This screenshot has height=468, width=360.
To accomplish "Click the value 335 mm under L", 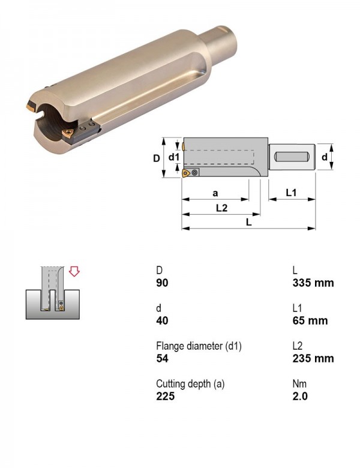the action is click(313, 283).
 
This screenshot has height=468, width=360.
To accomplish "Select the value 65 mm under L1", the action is click(310, 320).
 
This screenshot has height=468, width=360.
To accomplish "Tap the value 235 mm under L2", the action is click(313, 358).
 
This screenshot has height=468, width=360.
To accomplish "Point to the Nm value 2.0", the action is click(300, 396).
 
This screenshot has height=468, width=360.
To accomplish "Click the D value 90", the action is click(162, 283).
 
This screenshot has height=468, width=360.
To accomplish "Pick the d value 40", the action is click(162, 320).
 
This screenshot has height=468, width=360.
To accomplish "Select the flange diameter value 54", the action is click(162, 358).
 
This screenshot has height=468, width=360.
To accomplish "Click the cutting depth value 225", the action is click(165, 396).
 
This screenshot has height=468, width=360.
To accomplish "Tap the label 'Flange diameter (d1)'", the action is click(199, 346).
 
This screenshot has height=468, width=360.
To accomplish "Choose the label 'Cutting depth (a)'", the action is click(190, 383).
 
